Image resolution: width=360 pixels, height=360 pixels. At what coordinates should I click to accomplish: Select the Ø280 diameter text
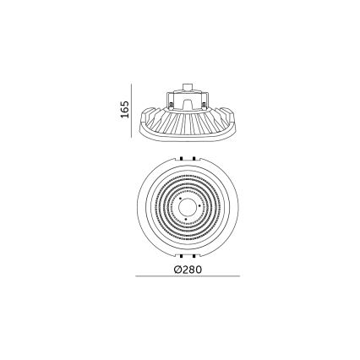tap(186, 270)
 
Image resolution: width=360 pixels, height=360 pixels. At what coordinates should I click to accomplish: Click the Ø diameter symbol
tap(175, 270)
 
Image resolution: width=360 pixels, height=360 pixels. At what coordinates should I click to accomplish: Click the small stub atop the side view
tap(187, 85)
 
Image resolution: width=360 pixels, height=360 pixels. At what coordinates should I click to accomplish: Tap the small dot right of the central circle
tap(201, 206)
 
